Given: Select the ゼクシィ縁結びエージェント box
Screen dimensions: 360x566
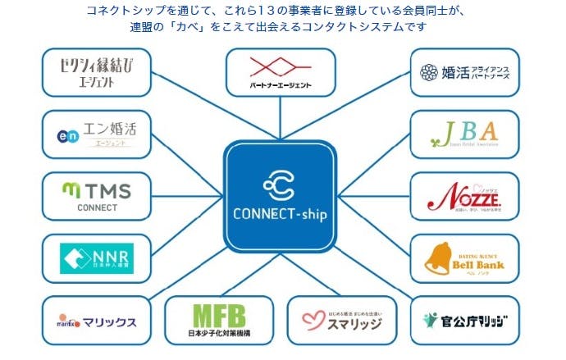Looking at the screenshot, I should pos(84,72).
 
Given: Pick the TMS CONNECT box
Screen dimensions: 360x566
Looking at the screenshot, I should pos(84,198).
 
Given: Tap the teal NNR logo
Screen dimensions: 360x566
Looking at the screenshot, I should pos(97,258).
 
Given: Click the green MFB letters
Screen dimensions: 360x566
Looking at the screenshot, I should pos(218,315).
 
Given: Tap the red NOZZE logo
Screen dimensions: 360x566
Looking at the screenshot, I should pos(464,197).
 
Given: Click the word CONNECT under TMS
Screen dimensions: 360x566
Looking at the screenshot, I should pos(97,207).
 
